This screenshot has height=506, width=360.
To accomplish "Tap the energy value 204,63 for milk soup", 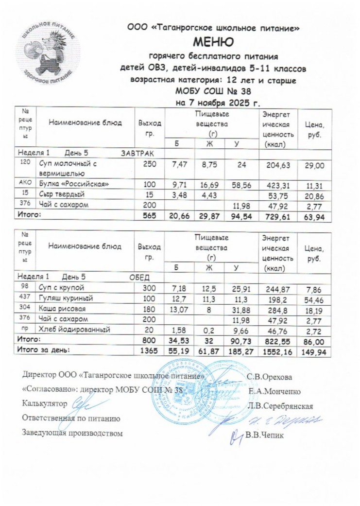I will click(278, 165).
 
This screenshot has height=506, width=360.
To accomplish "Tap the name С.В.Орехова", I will click(270, 376).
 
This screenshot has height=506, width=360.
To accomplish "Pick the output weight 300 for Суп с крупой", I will click(146, 288).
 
